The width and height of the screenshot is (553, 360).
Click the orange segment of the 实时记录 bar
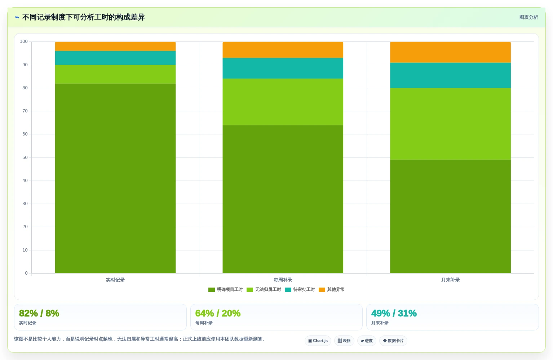tap(115, 46)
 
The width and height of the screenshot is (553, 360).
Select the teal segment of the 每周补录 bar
tap(283, 68)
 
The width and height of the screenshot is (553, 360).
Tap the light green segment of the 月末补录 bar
tap(450, 124)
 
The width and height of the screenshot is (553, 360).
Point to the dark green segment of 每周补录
tap(283, 199)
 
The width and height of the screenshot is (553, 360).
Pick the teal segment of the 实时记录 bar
tap(115, 58)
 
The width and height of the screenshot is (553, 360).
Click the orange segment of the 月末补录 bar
tap(450, 52)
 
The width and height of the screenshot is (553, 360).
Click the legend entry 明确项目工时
tap(226, 289)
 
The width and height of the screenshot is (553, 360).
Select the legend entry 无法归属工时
tap(264, 289)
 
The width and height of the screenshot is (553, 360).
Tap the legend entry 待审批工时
tap(300, 289)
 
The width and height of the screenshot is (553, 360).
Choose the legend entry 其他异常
tap(332, 289)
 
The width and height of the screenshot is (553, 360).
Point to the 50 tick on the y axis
tap(25, 157)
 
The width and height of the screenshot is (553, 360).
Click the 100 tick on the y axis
tap(24, 41)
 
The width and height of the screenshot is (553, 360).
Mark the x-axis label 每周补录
tap(283, 280)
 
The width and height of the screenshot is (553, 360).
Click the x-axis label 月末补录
tap(450, 280)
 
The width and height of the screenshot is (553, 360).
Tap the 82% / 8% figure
tap(39, 313)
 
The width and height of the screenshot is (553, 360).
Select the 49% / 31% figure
tap(394, 313)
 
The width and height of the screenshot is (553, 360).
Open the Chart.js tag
tap(318, 341)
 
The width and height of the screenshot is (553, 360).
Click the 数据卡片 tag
tap(393, 341)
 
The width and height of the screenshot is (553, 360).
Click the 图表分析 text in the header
tap(528, 17)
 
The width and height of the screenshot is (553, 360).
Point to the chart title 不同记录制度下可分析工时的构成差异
tap(83, 17)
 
